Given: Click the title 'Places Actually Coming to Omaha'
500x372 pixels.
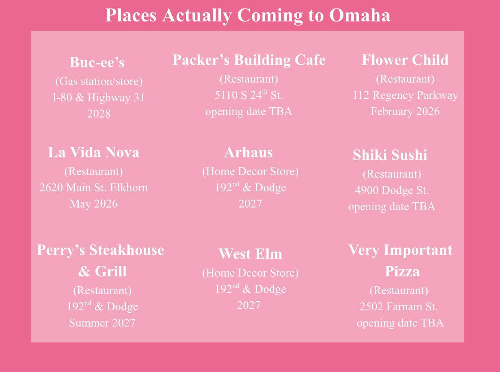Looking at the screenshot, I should tap(248, 16).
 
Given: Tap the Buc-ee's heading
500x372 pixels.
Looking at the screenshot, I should tap(97, 62).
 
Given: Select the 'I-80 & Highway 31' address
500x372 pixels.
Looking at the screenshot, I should tap(99, 97).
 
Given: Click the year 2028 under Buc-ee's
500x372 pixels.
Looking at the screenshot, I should tap(99, 114).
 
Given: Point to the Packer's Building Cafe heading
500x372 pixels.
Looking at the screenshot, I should tap(249, 60).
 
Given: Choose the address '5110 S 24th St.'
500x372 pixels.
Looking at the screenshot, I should tap(249, 95).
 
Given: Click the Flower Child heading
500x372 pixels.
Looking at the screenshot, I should tap(405, 60).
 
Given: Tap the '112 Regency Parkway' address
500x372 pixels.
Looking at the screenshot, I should tap(405, 95).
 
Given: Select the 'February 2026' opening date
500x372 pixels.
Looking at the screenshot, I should tap(405, 111).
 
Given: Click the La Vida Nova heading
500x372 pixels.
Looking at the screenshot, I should tap(94, 152).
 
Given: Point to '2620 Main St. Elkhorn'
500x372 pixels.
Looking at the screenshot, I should tap(94, 187).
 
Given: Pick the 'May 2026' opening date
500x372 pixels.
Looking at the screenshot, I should tap(94, 204).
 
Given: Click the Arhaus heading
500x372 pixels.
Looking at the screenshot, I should tap(249, 152).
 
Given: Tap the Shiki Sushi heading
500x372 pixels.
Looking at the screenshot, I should tap(390, 155).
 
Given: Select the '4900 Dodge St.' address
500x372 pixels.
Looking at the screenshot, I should tap(392, 190).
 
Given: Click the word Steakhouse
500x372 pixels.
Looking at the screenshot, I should tap(127, 250).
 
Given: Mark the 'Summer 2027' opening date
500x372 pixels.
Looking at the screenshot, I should tap(102, 323).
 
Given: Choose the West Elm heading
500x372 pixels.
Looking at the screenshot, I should tap(250, 254).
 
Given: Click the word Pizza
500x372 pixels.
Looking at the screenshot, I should tap(402, 272).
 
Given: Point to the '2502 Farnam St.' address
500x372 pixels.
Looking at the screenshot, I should tap(399, 306).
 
